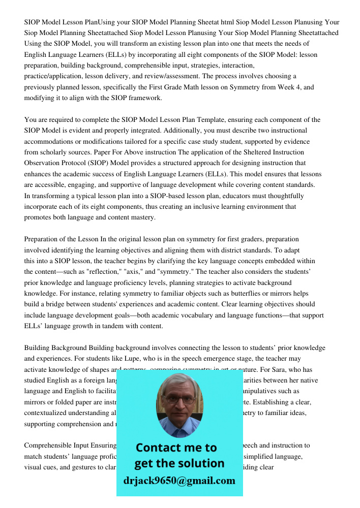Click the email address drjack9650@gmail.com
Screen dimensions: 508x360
179,481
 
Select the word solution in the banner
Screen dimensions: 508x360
200,463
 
